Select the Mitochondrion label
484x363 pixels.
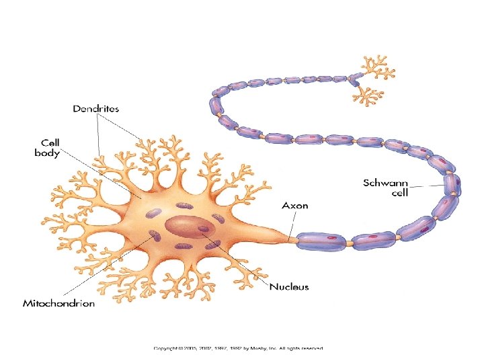(x=59, y=303)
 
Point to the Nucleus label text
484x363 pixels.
(x=289, y=287)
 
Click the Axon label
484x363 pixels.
(x=295, y=205)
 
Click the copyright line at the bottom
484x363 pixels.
(x=239, y=348)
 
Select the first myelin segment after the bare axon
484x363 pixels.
(x=321, y=239)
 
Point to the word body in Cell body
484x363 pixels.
(x=48, y=153)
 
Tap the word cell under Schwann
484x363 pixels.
(x=401, y=192)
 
